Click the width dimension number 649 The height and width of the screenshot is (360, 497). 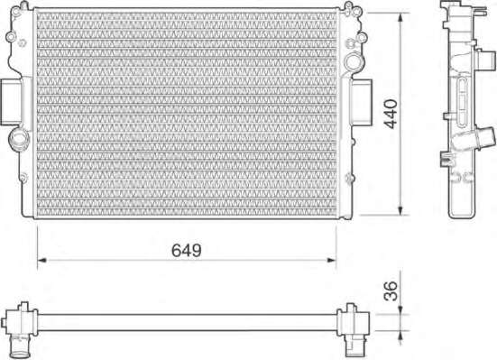coord(187,250)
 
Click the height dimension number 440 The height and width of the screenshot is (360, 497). coord(391,114)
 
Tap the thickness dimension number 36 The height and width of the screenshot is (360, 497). coord(391,291)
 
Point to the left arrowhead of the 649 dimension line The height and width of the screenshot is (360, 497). coord(42,260)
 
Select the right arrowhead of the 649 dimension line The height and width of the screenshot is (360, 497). coord(332,260)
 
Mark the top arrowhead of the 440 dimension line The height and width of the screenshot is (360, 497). coord(400,18)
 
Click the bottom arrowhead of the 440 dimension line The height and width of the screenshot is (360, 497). coord(400,210)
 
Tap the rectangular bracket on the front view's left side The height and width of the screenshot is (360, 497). coord(11,102)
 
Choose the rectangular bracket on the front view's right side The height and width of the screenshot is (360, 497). coord(361,102)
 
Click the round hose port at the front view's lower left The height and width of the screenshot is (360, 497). coord(19,139)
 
